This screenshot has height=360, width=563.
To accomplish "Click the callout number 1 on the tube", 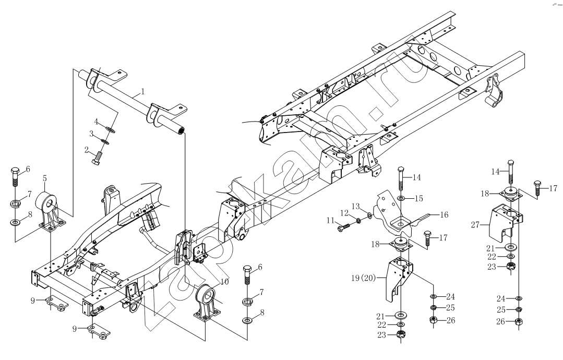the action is [142, 91].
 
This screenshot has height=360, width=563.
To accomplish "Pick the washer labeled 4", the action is [110, 129].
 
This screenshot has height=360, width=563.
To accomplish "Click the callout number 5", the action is [45, 178].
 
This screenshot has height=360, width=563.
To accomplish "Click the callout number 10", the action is [224, 282].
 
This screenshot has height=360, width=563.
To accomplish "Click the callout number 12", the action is [344, 213].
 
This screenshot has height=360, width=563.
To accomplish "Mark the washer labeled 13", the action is [370, 215].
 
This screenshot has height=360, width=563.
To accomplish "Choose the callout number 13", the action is [355, 207].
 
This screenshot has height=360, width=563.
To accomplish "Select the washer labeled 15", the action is [401, 198].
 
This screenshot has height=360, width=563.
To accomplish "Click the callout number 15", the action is [418, 198].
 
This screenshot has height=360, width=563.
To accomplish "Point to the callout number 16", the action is [444, 214].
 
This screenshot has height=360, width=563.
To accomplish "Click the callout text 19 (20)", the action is [363, 278].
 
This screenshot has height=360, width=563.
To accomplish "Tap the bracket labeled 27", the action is [506, 223].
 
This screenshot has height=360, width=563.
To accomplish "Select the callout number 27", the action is [475, 225].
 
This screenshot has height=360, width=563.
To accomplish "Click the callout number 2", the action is [87, 150].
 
